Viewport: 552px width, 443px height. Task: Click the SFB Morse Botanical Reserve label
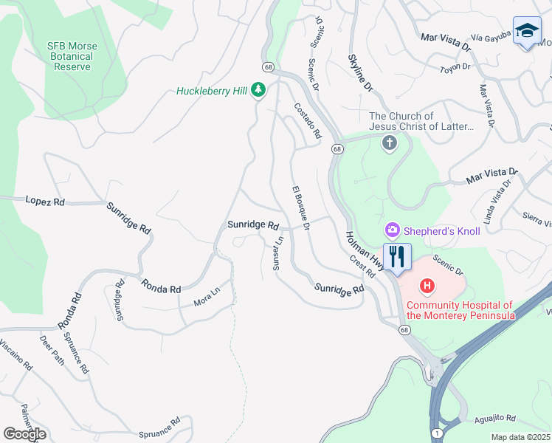point(72,56)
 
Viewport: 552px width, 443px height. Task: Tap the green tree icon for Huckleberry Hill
point(258,90)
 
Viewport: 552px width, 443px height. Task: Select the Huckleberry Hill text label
point(212,92)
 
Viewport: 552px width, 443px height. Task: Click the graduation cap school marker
point(526,31)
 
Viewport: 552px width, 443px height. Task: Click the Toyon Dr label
point(455,68)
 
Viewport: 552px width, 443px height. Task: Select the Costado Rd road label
point(307,120)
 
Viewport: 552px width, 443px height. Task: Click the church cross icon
point(390,143)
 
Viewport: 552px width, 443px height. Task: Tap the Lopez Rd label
point(45,201)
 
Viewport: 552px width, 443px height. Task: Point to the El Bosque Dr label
point(300,207)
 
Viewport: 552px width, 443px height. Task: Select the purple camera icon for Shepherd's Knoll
point(393,231)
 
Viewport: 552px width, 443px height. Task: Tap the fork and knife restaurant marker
point(397,257)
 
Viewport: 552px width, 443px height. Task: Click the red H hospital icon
point(426,286)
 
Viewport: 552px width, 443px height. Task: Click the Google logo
point(24,434)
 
